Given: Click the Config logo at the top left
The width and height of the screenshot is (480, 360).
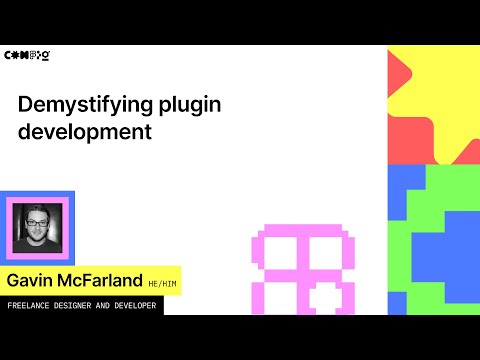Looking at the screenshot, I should [28, 55].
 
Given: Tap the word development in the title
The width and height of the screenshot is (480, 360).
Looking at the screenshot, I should [85, 132].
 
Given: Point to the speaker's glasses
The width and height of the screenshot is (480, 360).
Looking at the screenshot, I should [37, 221].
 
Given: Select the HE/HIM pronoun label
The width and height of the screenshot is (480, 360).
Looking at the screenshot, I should [160, 281].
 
